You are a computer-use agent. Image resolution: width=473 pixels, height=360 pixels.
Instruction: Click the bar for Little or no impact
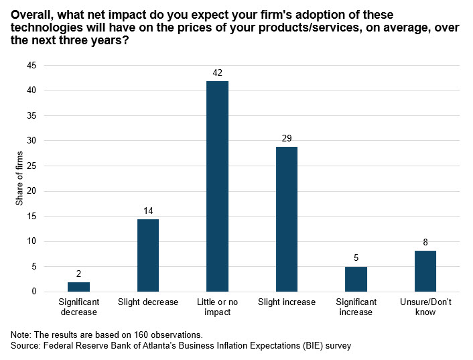tap(217, 186)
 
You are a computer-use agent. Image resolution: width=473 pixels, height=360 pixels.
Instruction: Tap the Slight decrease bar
tap(148, 255)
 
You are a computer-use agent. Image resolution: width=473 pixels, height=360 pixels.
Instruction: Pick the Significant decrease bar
tap(78, 287)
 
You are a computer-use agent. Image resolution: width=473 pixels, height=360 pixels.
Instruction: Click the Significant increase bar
tap(356, 279)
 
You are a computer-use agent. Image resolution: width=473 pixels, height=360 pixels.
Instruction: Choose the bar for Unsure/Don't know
tap(425, 272)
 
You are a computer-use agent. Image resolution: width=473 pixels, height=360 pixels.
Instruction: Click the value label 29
tap(287, 138)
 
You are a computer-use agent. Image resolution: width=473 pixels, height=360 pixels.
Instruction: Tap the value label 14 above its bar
tap(148, 211)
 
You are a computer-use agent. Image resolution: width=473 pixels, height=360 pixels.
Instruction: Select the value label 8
tap(425, 242)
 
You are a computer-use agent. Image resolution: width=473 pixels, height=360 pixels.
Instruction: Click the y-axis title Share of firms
tap(19, 178)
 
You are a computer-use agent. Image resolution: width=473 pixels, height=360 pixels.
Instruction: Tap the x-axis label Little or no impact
tap(217, 307)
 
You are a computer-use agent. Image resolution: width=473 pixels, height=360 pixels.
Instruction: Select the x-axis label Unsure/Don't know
tap(425, 307)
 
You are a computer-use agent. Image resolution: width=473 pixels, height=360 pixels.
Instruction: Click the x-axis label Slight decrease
tap(148, 302)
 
